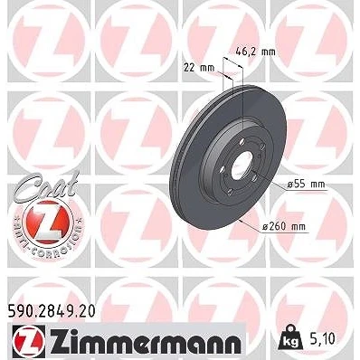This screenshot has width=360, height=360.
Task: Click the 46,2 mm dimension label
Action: (255, 52)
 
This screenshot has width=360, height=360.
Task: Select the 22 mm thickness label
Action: (199, 68)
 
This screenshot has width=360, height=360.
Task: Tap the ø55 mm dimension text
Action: (306, 184)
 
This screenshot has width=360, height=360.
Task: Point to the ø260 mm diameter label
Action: (283, 226)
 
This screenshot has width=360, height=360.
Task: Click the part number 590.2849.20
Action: (51, 311)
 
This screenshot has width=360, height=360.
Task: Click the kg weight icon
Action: (290, 337)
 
